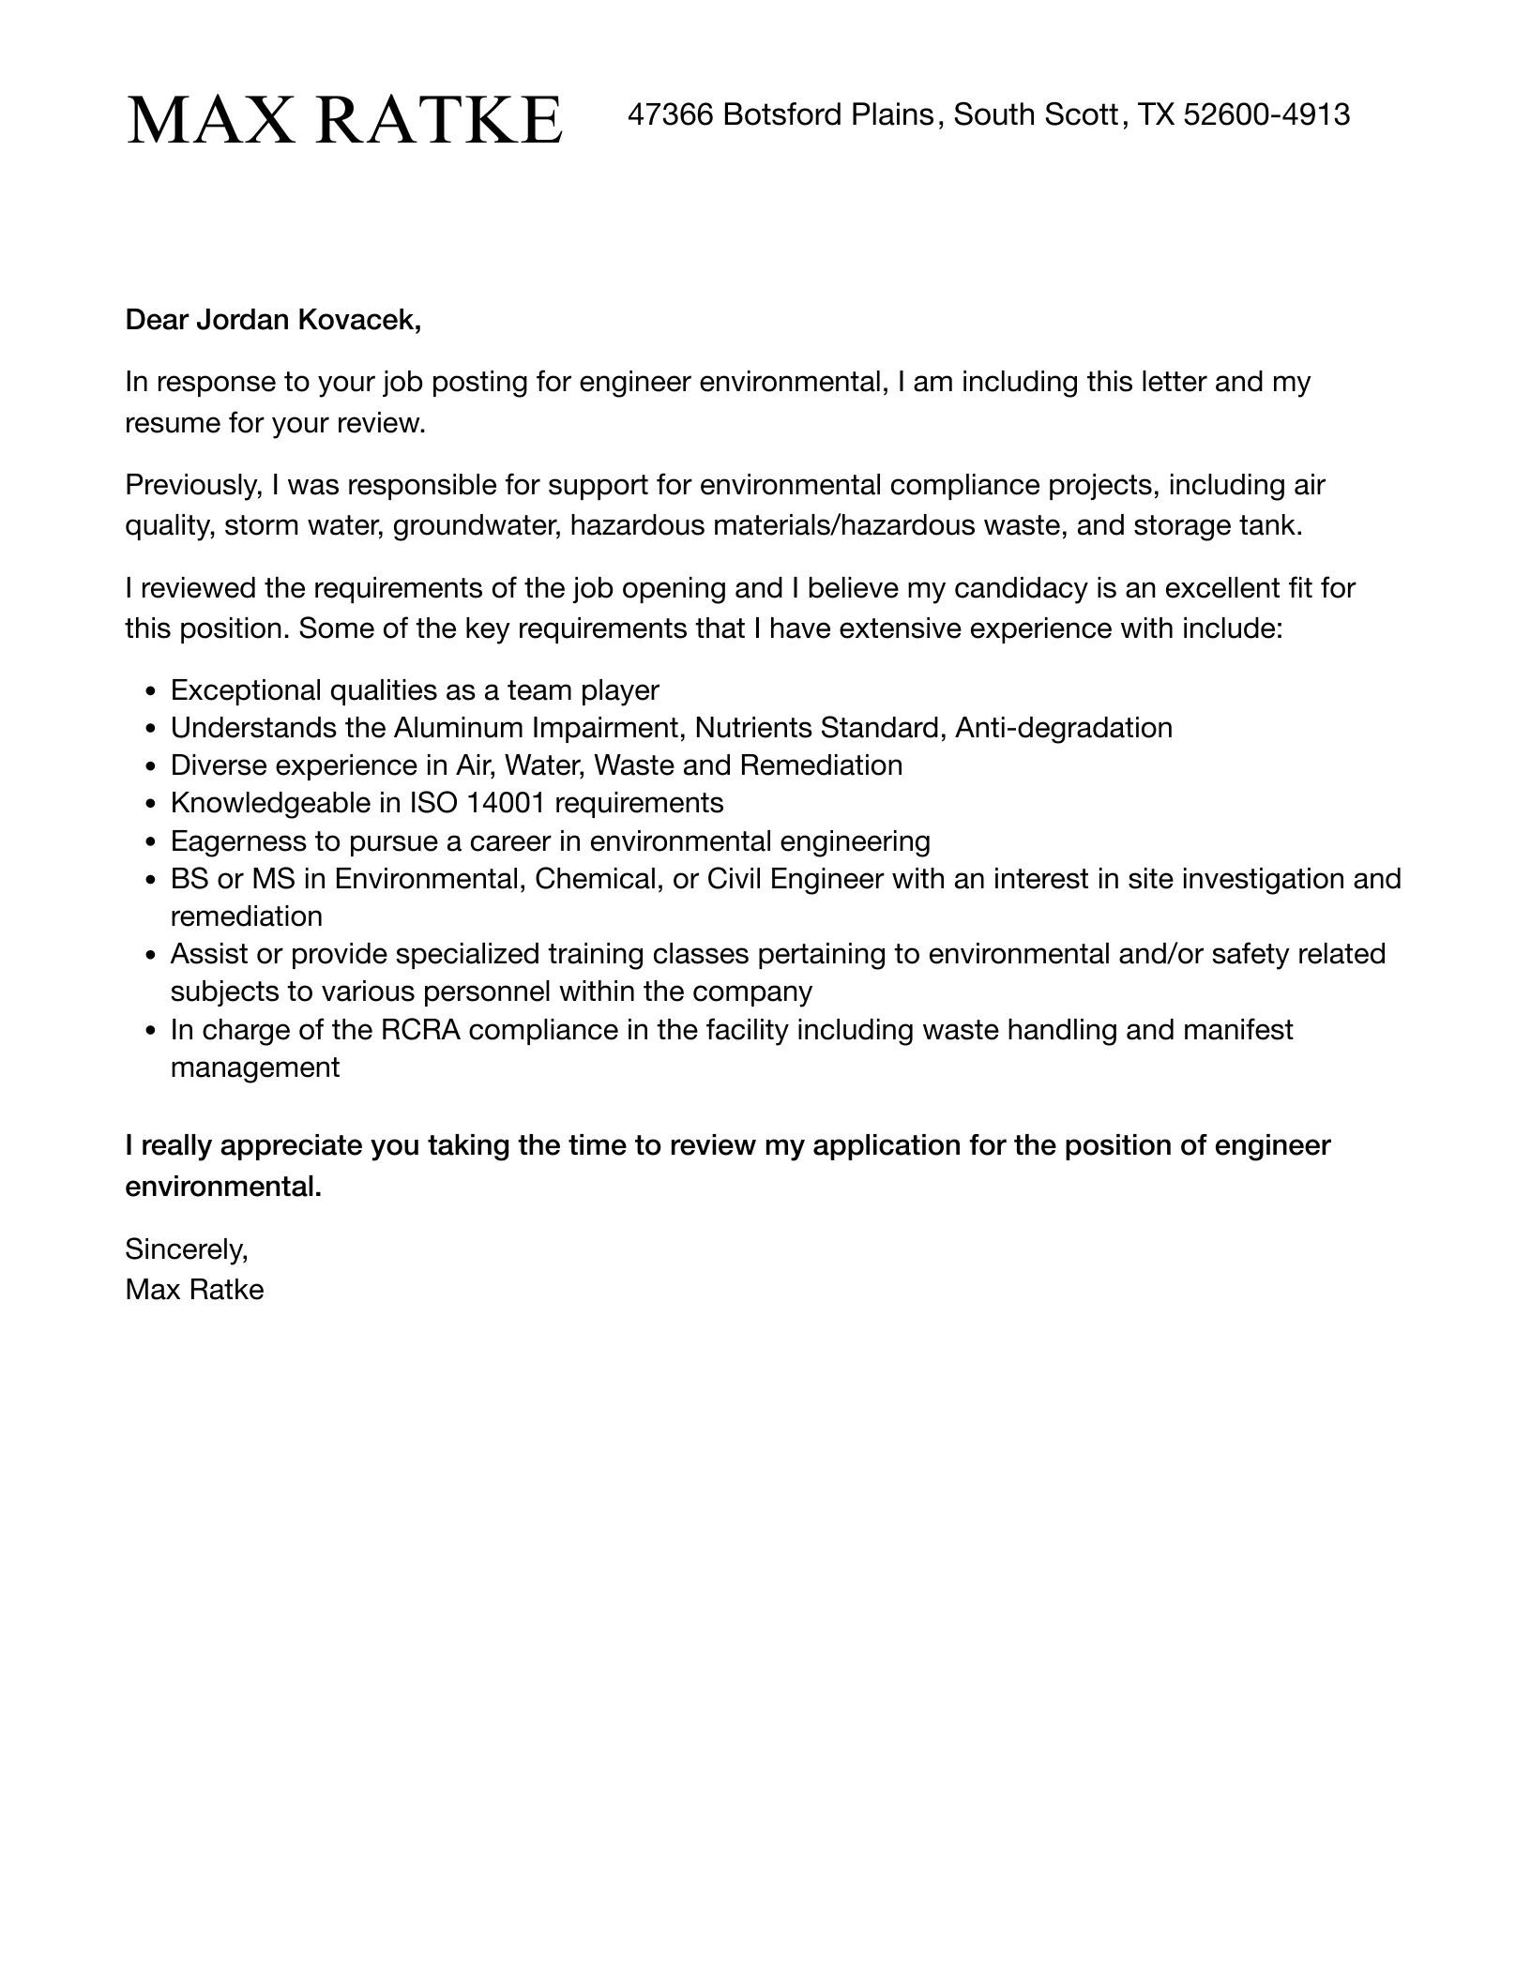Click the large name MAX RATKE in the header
click(344, 120)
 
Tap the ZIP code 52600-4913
click(1266, 114)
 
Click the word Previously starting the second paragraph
click(192, 485)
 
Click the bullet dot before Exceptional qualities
click(152, 691)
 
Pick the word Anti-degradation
click(1064, 728)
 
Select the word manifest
click(1237, 1030)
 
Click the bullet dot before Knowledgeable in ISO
click(152, 804)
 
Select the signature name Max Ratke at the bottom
click(194, 1290)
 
